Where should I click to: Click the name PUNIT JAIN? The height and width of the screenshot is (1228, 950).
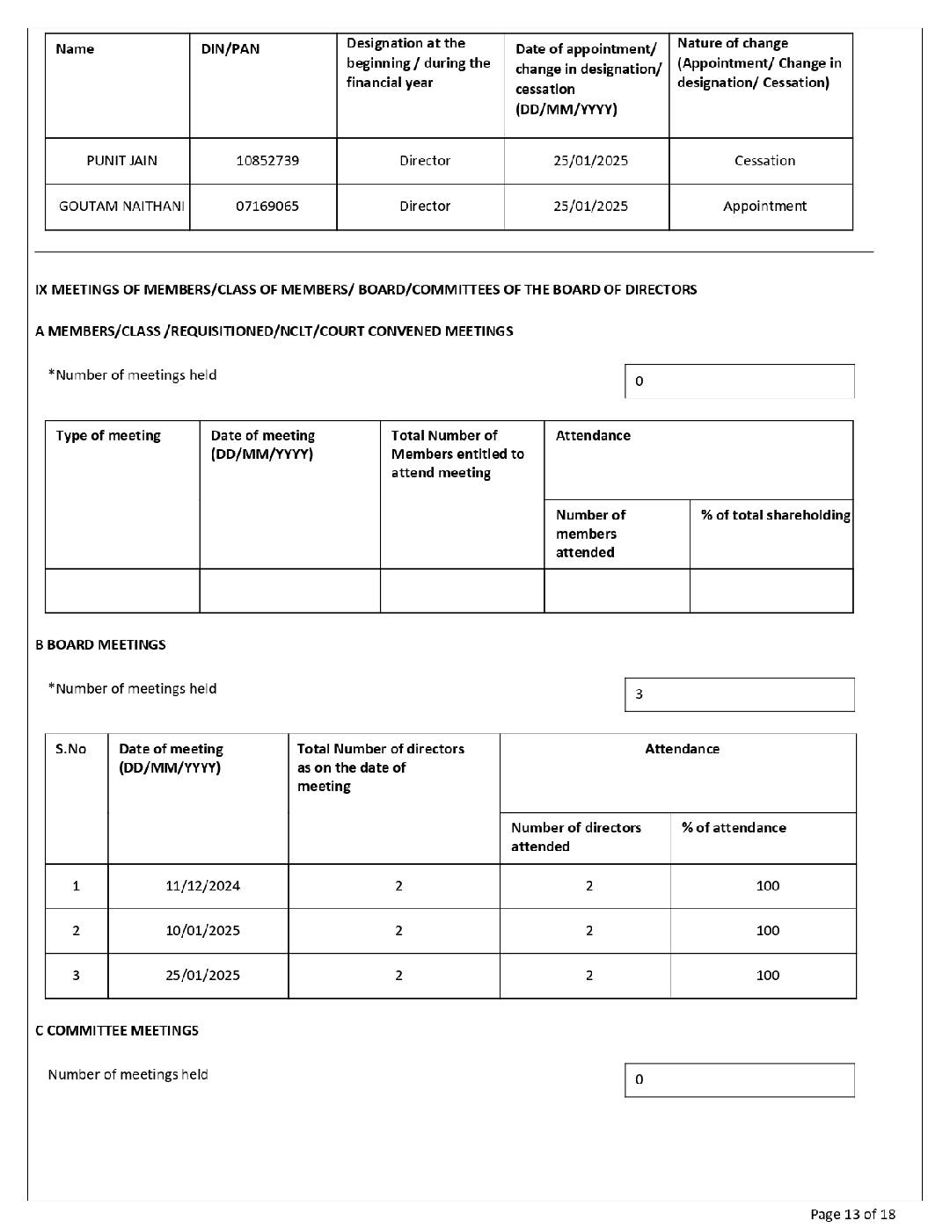tap(121, 161)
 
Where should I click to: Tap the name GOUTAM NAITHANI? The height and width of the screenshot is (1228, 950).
tap(121, 207)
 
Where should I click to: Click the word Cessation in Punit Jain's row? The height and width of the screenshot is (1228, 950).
tap(764, 161)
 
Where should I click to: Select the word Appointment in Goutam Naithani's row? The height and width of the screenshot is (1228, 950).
tap(764, 207)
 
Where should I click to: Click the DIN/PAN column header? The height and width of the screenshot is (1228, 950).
tap(230, 49)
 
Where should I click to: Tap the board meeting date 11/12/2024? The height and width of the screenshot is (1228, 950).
tap(202, 886)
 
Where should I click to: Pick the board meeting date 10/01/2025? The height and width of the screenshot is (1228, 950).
tap(202, 931)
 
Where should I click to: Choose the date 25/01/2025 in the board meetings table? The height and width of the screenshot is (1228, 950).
tap(202, 976)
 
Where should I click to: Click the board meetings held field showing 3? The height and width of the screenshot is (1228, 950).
tap(739, 694)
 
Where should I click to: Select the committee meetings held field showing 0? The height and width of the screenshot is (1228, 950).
tap(739, 1080)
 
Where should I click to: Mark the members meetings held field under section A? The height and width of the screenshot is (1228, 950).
tap(739, 381)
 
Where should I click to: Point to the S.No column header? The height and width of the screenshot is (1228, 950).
tap(71, 750)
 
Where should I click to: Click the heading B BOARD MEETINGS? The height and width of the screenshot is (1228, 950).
tap(100, 645)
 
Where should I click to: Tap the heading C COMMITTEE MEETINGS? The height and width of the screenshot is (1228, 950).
tap(117, 1031)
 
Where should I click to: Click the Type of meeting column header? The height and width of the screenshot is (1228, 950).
tap(108, 436)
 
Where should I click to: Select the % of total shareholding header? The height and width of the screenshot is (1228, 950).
tap(775, 516)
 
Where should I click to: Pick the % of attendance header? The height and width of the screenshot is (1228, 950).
tap(734, 828)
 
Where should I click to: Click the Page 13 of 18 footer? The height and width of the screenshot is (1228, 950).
tap(852, 1215)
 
